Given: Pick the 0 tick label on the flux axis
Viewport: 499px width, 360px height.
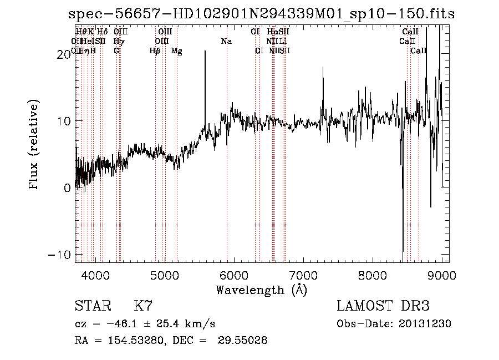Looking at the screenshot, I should [67, 187].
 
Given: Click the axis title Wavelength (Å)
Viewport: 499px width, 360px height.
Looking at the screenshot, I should [261, 289].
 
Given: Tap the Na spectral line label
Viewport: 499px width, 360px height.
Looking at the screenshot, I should [226, 42].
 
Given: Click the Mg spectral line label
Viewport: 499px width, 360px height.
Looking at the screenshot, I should [177, 51].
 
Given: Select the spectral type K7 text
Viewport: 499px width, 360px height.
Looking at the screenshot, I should [143, 306].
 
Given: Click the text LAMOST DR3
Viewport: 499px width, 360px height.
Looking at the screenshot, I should [383, 306].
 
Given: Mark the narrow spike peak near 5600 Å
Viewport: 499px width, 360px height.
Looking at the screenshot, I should [205, 52].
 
